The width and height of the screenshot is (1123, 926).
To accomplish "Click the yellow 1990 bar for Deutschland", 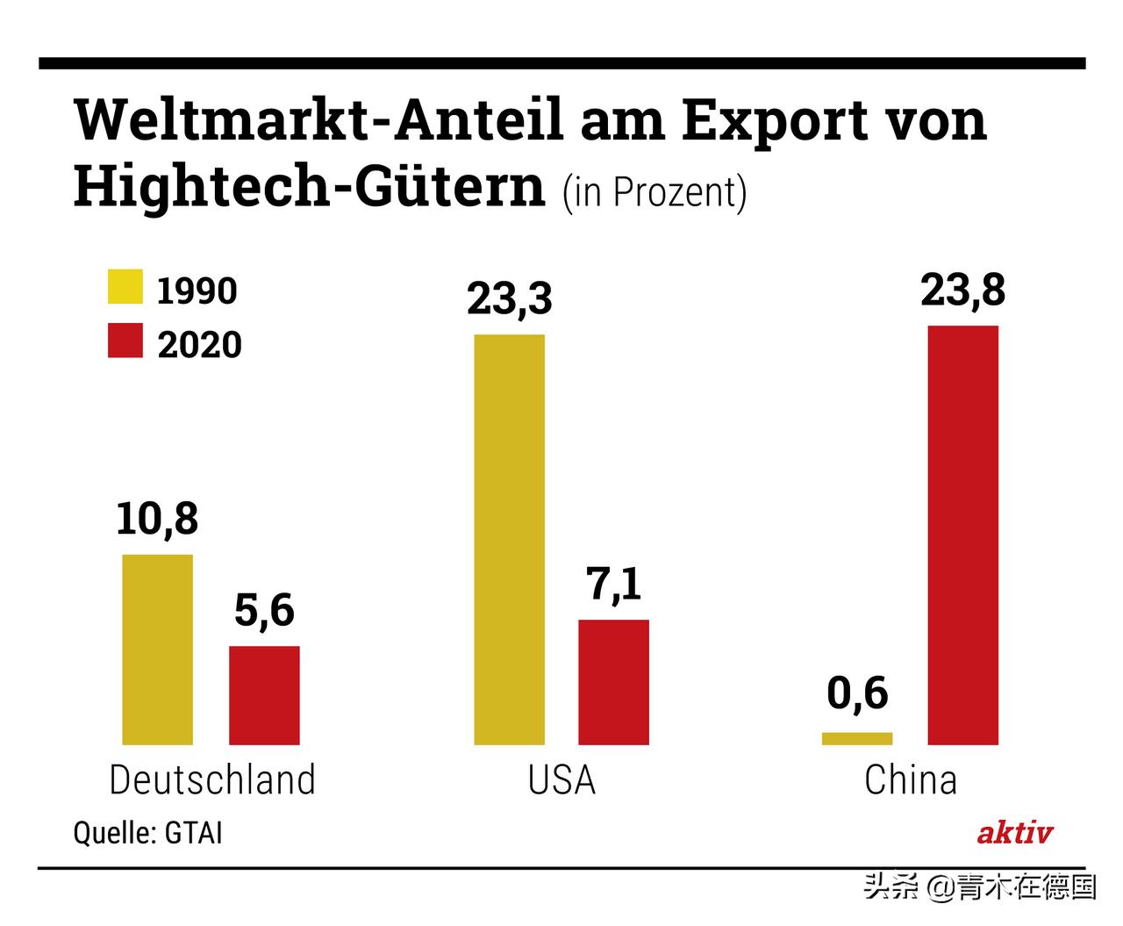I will [157, 650].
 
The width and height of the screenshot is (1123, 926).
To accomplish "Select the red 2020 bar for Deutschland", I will [264, 695].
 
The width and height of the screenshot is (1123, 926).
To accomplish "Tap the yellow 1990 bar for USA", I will [509, 539].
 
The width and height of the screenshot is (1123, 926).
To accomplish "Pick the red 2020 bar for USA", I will [613, 682].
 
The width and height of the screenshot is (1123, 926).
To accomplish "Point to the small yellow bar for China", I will [857, 738].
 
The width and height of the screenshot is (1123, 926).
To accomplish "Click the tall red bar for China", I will [962, 535].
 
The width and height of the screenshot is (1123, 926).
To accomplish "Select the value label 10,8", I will [157, 519].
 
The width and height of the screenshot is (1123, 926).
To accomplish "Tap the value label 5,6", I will [264, 611].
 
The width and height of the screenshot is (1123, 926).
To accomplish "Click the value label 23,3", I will [509, 298].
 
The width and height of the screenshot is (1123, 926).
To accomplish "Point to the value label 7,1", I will [614, 585].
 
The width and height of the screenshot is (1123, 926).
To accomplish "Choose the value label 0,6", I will [857, 694].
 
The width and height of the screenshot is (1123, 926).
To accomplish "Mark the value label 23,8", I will [962, 290].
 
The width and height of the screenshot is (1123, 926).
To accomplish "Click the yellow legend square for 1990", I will [125, 287].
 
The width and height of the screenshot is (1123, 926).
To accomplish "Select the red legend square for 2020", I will [125, 341].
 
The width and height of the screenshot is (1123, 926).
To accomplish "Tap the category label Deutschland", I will [211, 779].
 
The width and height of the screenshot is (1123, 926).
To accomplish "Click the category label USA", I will [561, 779].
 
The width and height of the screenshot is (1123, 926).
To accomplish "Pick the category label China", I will [910, 779].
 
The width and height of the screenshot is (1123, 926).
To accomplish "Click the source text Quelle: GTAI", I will [147, 832].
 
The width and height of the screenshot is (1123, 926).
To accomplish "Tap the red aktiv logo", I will [1014, 832].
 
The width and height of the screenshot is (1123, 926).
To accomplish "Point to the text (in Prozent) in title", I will [654, 192].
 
